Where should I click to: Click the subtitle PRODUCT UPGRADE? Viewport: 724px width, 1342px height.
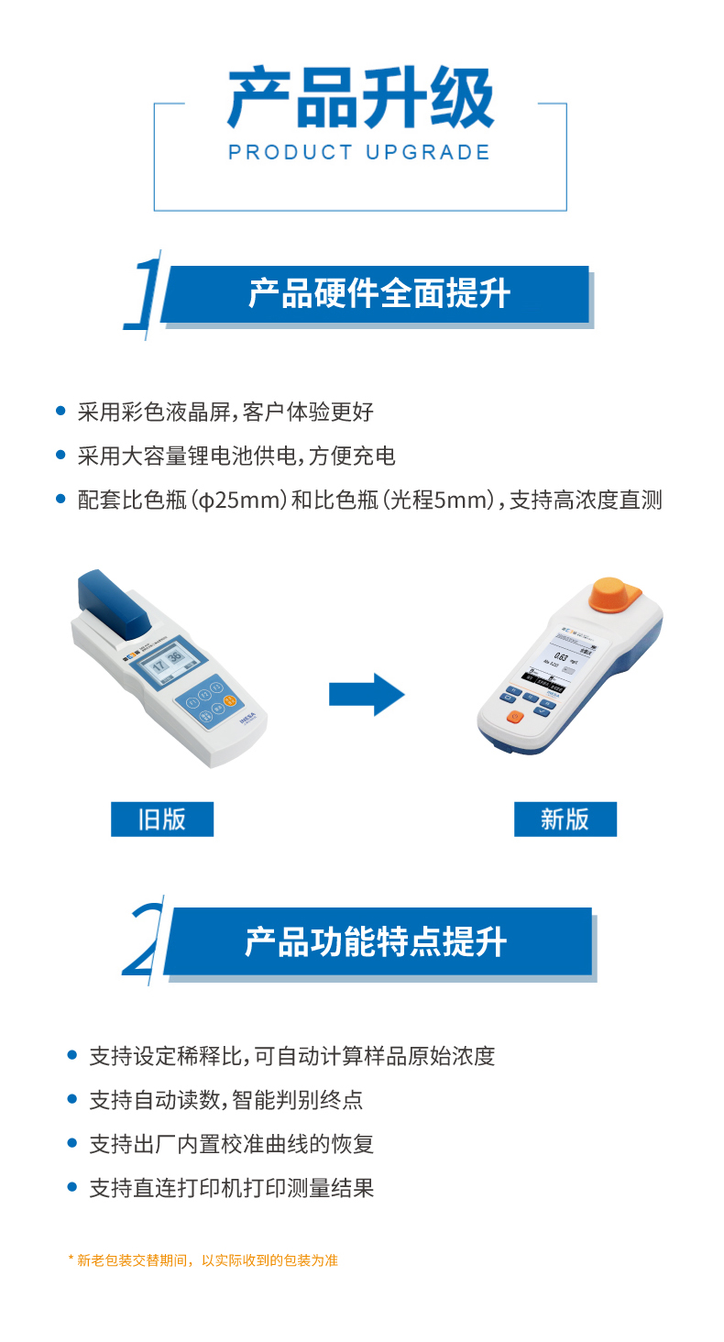coord(360,152)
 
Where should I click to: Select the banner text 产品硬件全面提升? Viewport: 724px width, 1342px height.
coord(378,294)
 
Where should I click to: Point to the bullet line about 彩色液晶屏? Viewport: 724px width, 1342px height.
coord(225,412)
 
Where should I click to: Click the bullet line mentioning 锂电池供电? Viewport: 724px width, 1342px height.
coord(236,456)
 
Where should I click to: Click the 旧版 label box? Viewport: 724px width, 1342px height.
coord(162,819)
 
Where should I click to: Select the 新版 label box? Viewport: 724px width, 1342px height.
coord(565,819)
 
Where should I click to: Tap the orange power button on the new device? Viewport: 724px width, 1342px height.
coord(514,717)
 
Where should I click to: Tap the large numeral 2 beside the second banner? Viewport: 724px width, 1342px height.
coord(146,941)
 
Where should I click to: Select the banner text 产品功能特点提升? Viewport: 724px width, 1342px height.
coord(376,941)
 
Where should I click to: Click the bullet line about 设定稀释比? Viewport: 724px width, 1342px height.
coord(291,1056)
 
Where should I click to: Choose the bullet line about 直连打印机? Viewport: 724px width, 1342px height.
coord(231,1189)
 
